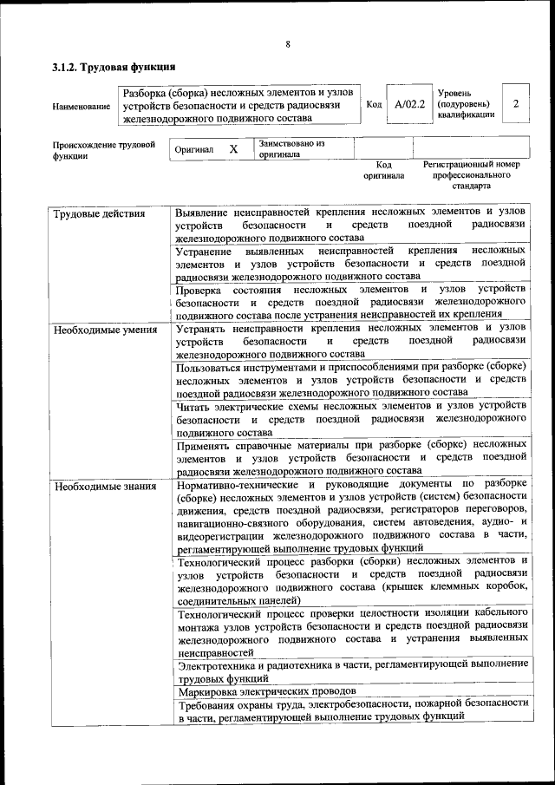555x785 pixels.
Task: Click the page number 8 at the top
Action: pyautogui.click(x=287, y=45)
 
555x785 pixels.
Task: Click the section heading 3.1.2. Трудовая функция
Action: pyautogui.click(x=114, y=67)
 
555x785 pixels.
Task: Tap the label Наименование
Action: pyautogui.click(x=82, y=107)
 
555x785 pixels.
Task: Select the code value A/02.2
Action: pyautogui.click(x=409, y=104)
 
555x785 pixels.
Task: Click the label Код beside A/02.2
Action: pyautogui.click(x=375, y=104)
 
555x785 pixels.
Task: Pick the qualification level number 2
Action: pyautogui.click(x=516, y=104)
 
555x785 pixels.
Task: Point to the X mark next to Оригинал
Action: pyautogui.click(x=233, y=149)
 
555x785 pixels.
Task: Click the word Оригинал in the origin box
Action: pyautogui.click(x=194, y=150)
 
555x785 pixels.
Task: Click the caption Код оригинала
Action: pyautogui.click(x=383, y=170)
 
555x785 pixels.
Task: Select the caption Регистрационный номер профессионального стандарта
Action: pyautogui.click(x=471, y=174)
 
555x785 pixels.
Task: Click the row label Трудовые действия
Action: pyautogui.click(x=98, y=213)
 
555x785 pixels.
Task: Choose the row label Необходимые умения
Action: pyautogui.click(x=105, y=330)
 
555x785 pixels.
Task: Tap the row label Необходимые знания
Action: pyautogui.click(x=104, y=487)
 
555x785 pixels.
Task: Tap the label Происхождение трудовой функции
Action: pyautogui.click(x=103, y=151)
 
